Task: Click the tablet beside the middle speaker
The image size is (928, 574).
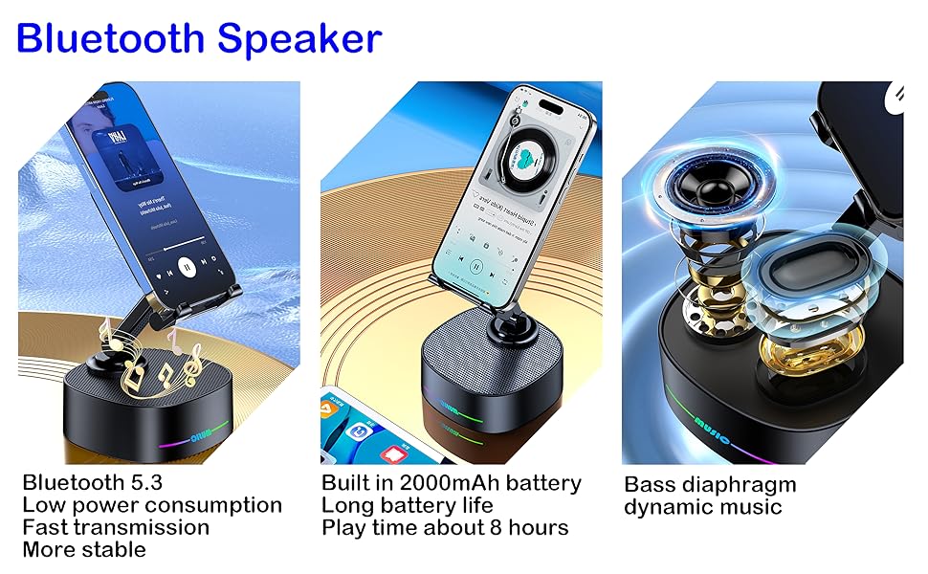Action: tap(368, 421)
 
